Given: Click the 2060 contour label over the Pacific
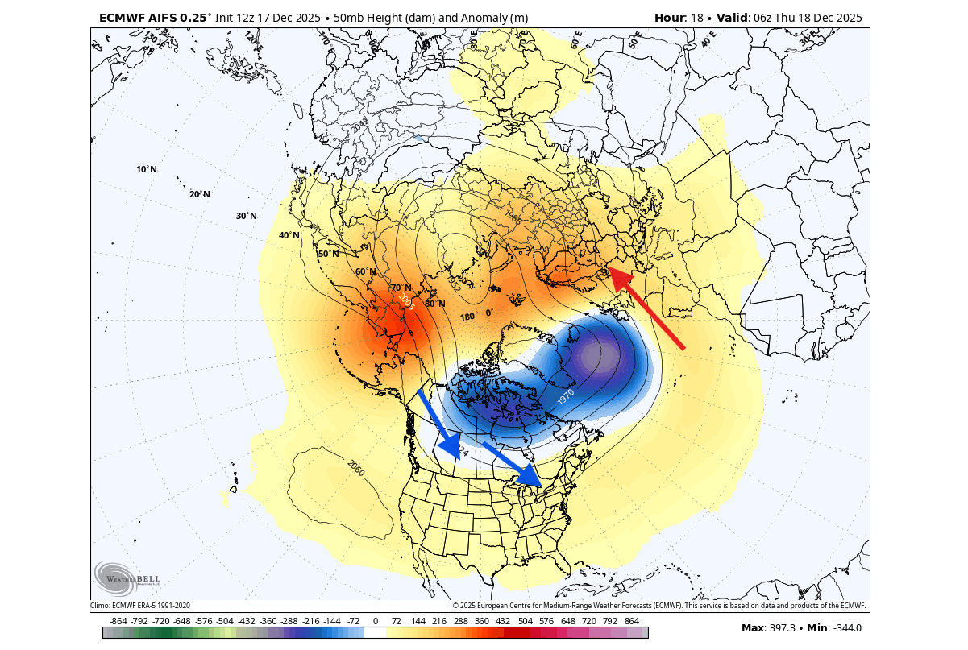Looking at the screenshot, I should point(355,467).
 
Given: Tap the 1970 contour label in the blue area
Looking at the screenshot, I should point(566,396).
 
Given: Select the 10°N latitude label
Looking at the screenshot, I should point(147,169).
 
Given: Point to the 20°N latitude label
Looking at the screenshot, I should point(199,194).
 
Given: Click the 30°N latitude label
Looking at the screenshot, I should point(246,216).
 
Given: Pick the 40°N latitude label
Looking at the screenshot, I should point(289,235).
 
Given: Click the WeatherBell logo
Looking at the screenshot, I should point(121,578).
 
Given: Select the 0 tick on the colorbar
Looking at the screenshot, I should point(376,622).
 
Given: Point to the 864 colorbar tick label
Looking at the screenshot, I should point(631,622).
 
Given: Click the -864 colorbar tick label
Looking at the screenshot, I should point(118,622).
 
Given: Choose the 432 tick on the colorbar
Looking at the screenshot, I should point(504,622).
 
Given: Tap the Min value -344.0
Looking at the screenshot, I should point(845,628).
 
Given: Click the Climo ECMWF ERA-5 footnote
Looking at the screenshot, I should point(140,606).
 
